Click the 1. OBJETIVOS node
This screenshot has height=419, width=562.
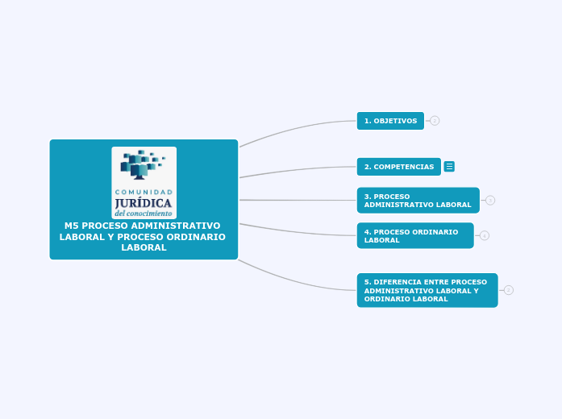coord(390,121)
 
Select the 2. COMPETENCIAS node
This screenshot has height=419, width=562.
coord(398,167)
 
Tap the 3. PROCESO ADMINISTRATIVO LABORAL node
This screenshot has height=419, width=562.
coord(418,201)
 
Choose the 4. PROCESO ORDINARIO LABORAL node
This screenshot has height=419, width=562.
coord(414,236)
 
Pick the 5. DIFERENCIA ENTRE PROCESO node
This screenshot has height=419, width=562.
coord(427,290)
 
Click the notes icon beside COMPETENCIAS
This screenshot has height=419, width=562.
coord(449,167)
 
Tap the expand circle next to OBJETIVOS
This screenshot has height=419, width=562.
coord(435,121)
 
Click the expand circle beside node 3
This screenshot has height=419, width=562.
coord(490,201)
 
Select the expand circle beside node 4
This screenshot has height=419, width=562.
coord(485,236)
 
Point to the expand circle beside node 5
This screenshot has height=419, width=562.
coord(509,290)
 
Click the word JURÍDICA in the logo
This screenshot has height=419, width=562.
coord(144,203)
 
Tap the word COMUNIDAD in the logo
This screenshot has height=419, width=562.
coord(144,192)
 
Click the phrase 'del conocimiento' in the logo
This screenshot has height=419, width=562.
coord(144,214)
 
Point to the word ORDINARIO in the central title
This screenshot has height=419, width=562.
coord(198,236)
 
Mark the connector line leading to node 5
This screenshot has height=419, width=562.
coord(298,281)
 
